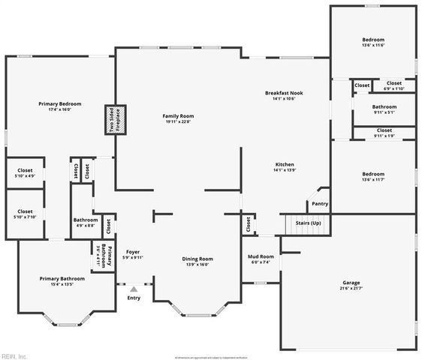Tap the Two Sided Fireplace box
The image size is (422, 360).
coord(117,120)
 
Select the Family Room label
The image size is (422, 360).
coord(179,119)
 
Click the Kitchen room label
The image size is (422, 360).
coord(284,167)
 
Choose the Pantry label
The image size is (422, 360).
coord(319,203)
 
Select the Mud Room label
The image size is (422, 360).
coord(261,259)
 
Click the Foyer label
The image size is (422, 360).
coord(133,254)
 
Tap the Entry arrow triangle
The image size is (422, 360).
coord(134,289)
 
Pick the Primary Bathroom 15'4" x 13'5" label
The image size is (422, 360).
coord(62,281)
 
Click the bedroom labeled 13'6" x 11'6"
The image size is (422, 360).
coord(373,42)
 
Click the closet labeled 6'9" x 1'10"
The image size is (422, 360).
coord(393,85)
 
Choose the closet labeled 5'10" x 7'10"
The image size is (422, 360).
coord(25,214)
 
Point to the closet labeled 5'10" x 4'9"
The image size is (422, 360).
coord(25,173)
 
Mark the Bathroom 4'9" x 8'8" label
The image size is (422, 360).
coord(85,222)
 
